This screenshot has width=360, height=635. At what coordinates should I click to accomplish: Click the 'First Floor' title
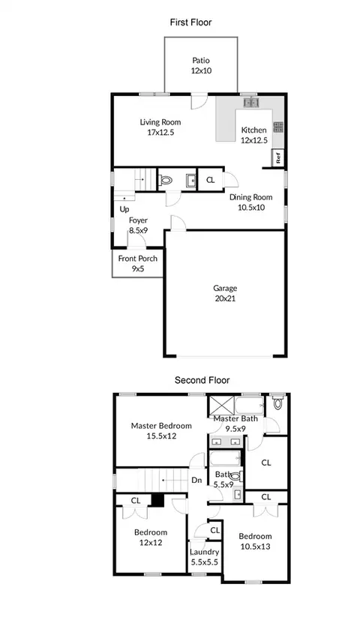click(x=190, y=22)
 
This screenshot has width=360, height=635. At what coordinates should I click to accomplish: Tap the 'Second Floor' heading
click(x=202, y=380)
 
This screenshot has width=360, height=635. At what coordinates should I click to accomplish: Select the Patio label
click(x=201, y=60)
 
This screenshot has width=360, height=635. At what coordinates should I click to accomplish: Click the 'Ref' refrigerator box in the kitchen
click(x=278, y=157)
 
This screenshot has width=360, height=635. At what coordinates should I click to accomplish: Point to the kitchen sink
click(x=251, y=103)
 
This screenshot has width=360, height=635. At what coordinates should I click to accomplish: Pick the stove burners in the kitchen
click(x=278, y=127)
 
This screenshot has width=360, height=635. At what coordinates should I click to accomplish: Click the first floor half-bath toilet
click(x=165, y=179)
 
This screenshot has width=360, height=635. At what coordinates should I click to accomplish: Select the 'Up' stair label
click(x=124, y=210)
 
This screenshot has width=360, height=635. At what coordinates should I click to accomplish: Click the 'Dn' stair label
click(x=196, y=481)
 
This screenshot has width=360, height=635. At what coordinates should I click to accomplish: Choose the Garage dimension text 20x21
click(x=225, y=298)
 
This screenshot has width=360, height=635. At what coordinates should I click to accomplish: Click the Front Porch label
click(x=138, y=259)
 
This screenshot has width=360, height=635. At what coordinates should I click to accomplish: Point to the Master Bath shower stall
click(x=221, y=404)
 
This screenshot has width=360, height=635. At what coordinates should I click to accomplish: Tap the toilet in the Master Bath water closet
click(x=277, y=402)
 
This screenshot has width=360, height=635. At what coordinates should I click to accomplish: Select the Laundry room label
click(x=205, y=552)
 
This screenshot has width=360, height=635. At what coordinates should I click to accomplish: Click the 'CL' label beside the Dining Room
click(x=210, y=180)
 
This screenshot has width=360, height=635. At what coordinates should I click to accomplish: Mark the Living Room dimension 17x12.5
click(x=160, y=132)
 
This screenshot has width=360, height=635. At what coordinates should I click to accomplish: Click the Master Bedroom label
click(x=161, y=426)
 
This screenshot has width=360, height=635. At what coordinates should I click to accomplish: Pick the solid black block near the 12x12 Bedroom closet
click(x=157, y=500)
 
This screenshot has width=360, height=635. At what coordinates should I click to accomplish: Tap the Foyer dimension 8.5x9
click(x=138, y=230)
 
